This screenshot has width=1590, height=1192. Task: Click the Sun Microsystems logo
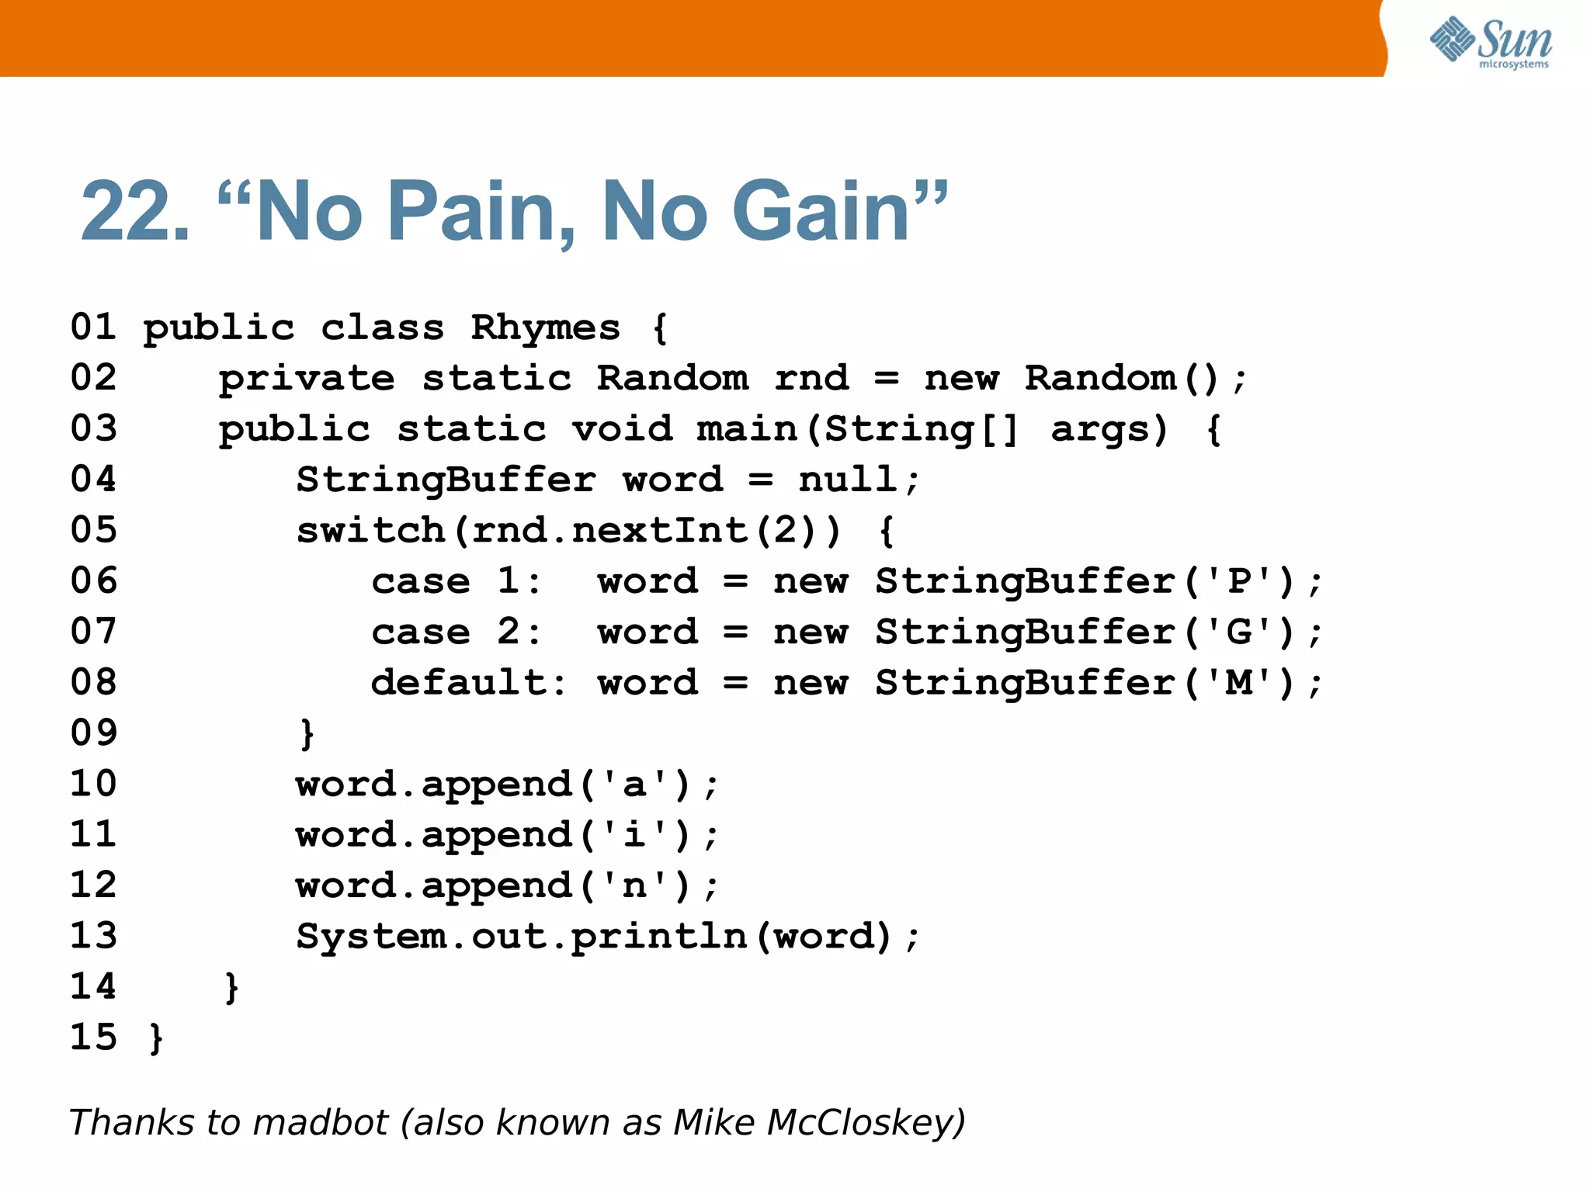1491,42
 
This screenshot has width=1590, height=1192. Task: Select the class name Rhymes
545,328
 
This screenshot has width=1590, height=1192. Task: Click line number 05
93,530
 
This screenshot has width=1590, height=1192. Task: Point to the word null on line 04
848,479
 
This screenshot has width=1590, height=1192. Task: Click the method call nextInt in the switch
660,531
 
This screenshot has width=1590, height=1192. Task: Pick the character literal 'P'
1240,581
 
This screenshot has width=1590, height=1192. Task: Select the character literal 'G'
1240,632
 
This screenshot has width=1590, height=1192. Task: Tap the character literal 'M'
1240,683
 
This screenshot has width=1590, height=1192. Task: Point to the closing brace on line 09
307,733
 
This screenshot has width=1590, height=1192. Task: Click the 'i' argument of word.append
634,835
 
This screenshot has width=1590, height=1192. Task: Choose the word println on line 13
660,937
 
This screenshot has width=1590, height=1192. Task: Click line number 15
93,1038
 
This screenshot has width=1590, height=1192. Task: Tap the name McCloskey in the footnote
863,1123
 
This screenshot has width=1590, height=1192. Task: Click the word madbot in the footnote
320,1123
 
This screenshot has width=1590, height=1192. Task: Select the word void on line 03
622,429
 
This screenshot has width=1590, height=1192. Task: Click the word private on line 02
307,379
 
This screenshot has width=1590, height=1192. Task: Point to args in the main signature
1108,429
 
